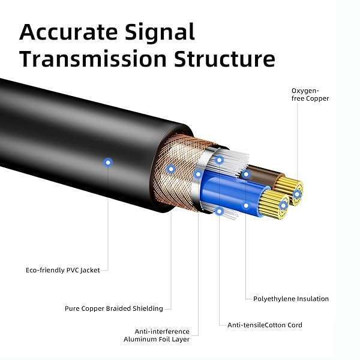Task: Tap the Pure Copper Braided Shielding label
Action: pos(113,308)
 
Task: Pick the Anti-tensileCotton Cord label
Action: pos(265,325)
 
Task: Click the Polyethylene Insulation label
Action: pos(291,298)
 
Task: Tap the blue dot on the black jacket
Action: pos(108,161)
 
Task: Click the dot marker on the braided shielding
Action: pos(171,169)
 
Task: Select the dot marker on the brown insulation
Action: pos(246,174)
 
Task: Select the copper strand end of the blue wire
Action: pos(281,205)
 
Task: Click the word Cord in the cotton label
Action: pos(294,325)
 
